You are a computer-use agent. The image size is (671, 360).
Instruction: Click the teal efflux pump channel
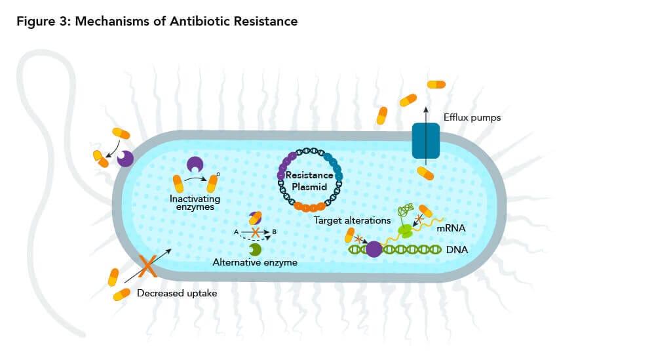[x=425, y=140]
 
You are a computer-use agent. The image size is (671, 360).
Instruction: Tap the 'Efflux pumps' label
[x=471, y=118]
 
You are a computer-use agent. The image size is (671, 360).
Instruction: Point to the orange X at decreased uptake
[x=149, y=265]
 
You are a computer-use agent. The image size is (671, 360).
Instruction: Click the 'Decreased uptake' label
[x=177, y=293]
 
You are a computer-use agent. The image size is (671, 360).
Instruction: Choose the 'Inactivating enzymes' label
[x=195, y=203]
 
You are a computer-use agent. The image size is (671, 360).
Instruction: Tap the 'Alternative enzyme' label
[x=256, y=262]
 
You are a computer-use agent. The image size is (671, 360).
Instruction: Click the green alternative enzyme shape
[x=255, y=249]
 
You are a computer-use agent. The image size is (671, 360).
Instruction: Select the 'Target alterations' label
[x=353, y=220]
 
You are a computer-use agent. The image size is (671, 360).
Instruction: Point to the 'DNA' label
[x=457, y=249]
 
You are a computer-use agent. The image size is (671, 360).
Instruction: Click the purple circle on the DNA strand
[x=374, y=249]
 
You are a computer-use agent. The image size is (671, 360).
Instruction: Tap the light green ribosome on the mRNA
[x=406, y=230]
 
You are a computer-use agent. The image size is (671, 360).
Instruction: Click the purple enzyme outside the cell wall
[x=125, y=159]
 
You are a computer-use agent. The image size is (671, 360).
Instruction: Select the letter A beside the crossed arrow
[x=236, y=232]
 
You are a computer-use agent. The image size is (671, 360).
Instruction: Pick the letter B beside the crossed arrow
[x=275, y=232]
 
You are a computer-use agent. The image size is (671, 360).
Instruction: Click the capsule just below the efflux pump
[x=426, y=173]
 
